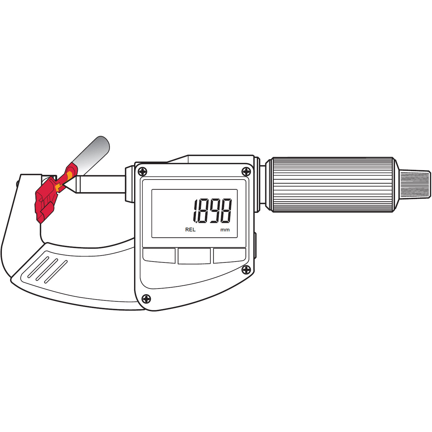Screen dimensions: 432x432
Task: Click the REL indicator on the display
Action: pyautogui.click(x=190, y=229)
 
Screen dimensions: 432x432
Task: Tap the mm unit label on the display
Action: pyautogui.click(x=225, y=230)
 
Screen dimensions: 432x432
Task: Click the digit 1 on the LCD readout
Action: pyautogui.click(x=195, y=211)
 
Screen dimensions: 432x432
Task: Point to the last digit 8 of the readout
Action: pyautogui.click(x=226, y=211)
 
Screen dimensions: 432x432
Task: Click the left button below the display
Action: pyautogui.click(x=159, y=255)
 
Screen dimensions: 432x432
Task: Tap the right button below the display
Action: pyautogui.click(x=229, y=255)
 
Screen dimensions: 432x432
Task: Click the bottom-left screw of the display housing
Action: pyautogui.click(x=146, y=299)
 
